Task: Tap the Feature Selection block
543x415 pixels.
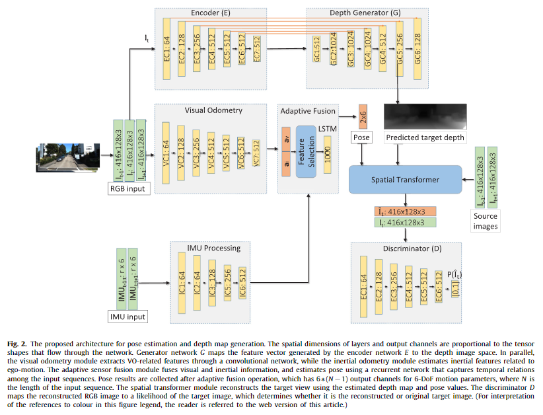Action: pyautogui.click(x=307, y=151)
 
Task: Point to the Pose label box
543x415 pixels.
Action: pyautogui.click(x=361, y=138)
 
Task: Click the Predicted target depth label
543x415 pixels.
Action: pyautogui.click(x=425, y=138)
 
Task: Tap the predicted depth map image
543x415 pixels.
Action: pyautogui.click(x=425, y=116)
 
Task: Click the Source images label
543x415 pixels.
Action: pyautogui.click(x=486, y=221)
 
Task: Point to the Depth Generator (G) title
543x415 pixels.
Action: pyautogui.click(x=367, y=13)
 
